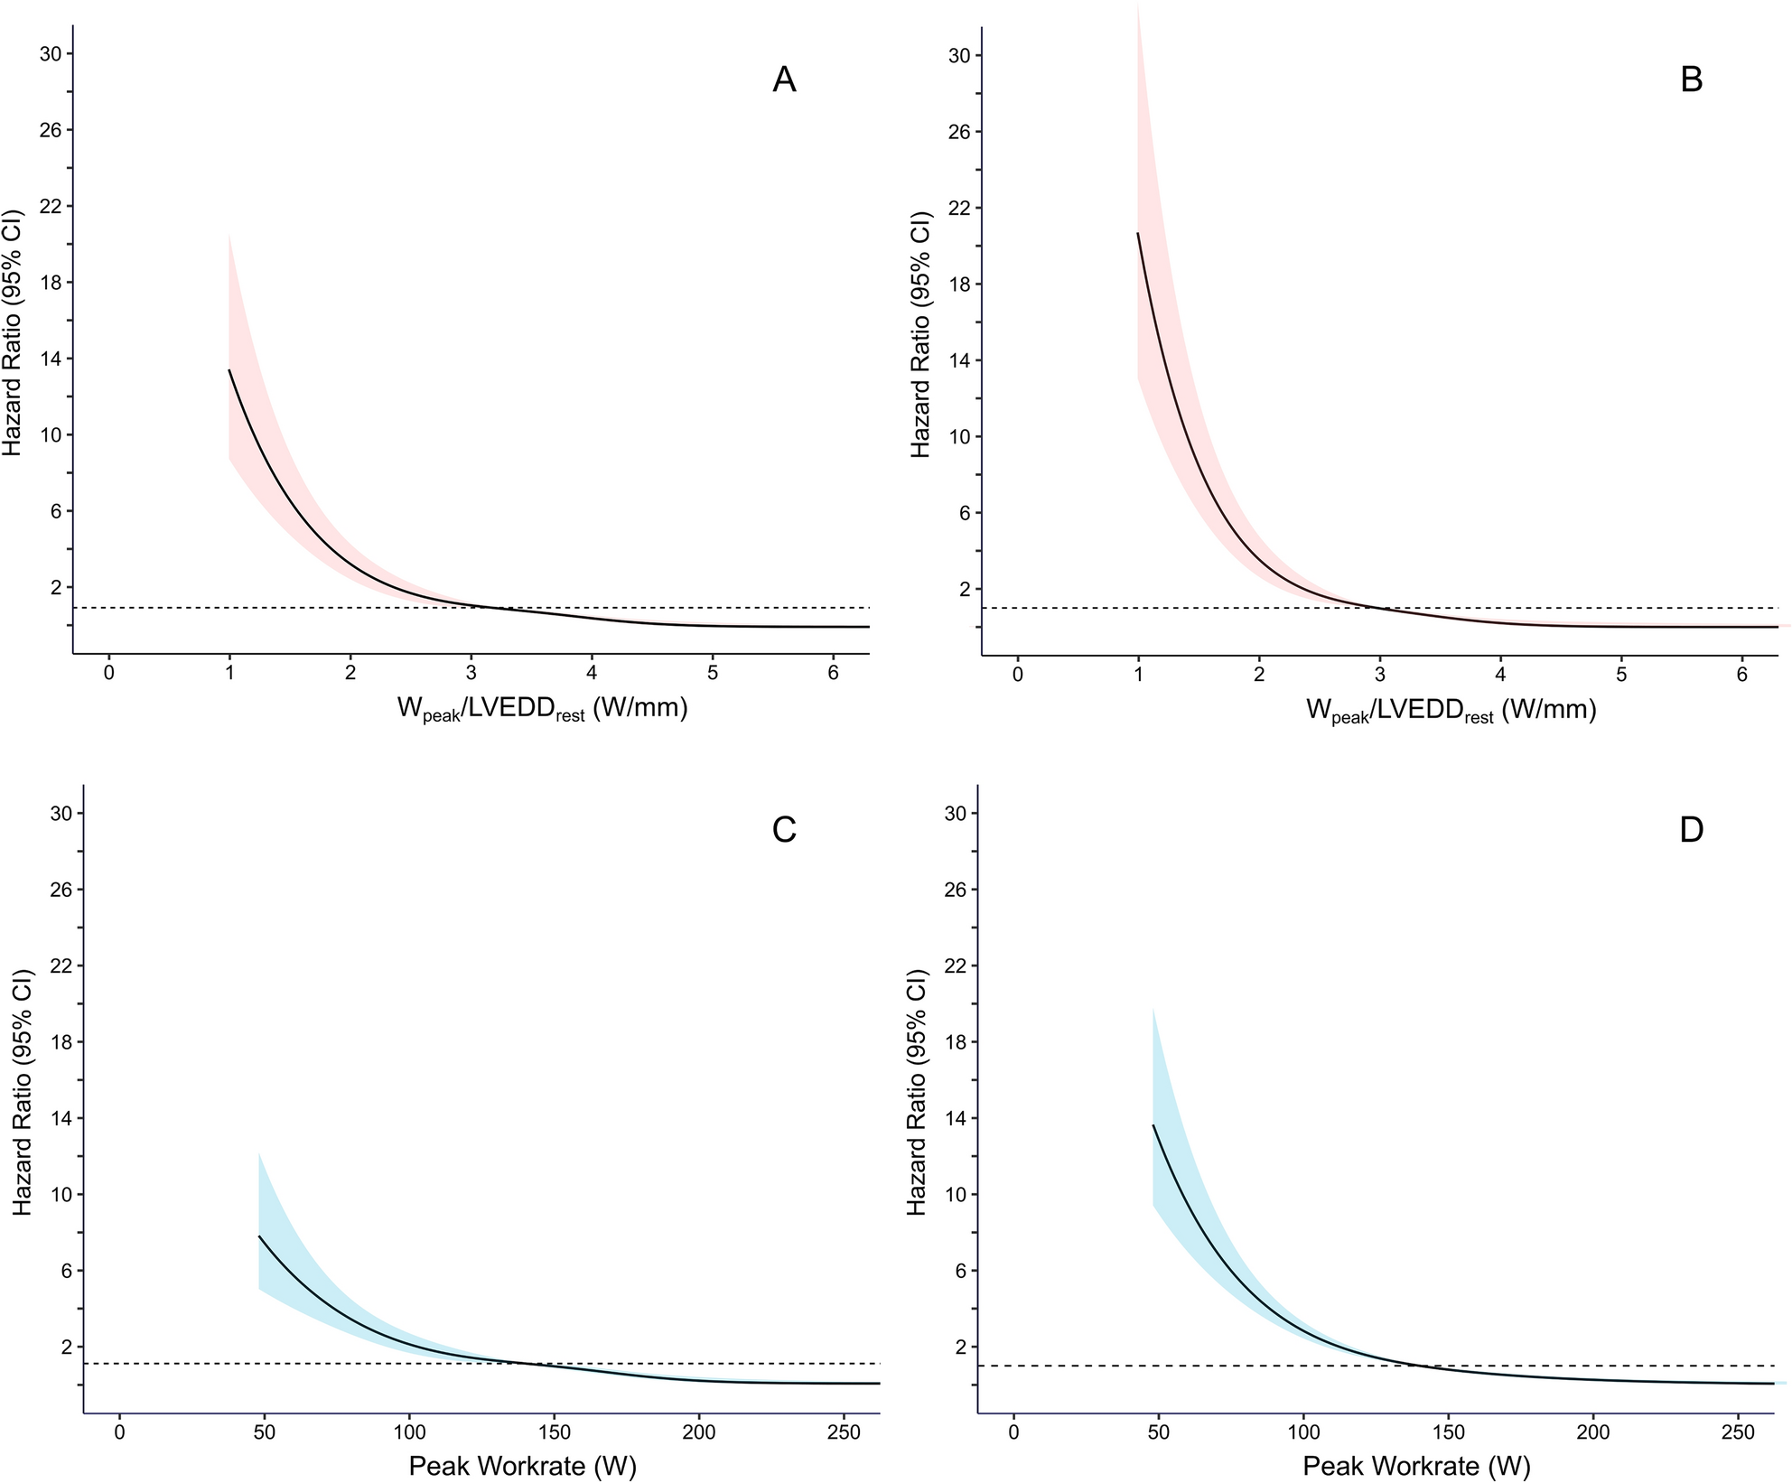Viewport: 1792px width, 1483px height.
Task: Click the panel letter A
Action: coord(784,80)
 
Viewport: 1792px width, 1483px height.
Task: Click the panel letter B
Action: coord(1691,80)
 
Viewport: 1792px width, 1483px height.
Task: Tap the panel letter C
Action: coord(784,829)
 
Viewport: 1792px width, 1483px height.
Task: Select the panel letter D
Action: coord(1691,829)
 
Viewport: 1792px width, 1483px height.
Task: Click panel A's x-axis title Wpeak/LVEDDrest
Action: coord(542,710)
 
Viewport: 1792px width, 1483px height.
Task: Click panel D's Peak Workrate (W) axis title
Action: coord(1417,1465)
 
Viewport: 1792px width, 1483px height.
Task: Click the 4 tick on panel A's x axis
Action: coord(592,674)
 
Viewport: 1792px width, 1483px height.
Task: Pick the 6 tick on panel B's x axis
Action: coord(1742,675)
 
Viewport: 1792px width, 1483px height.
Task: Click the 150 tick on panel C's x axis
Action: coord(554,1432)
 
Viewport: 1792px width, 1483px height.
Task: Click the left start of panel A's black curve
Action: coord(229,370)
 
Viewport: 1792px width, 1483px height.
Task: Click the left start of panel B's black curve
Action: coord(1138,233)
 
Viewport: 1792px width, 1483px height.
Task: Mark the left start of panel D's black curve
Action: coord(1153,1125)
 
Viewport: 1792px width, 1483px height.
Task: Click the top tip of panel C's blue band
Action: coord(259,1153)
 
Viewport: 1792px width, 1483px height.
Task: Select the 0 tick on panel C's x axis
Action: coord(119,1432)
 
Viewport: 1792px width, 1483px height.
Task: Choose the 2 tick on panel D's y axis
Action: coord(961,1347)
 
